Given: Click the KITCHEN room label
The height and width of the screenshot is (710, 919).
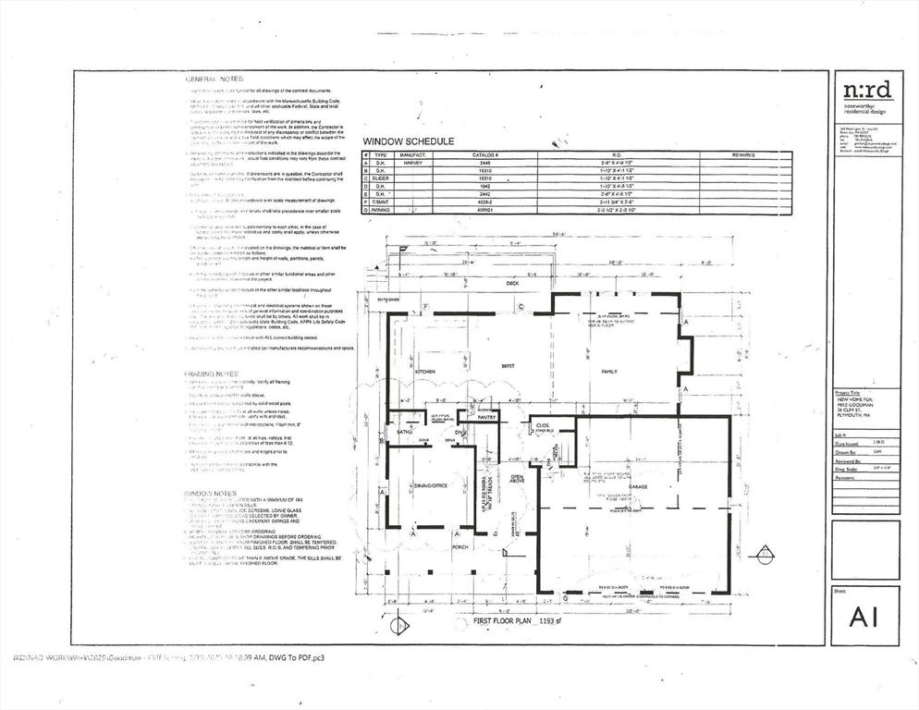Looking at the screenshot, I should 425,371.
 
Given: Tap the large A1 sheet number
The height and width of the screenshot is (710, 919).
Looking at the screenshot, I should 864,616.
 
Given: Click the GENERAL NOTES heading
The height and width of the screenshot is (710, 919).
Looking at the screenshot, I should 217,80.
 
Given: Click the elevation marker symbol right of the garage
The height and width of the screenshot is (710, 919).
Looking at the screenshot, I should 765,554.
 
